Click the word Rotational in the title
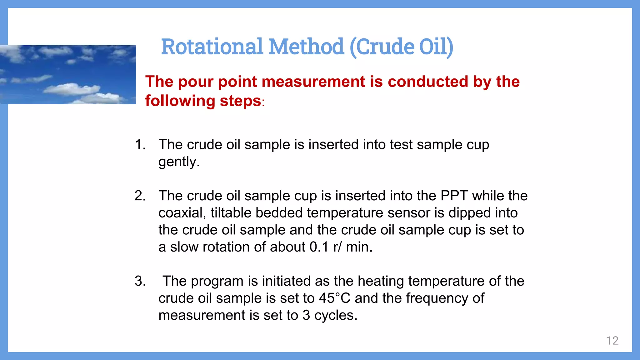click(212, 47)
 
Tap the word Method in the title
click(306, 47)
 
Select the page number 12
click(612, 341)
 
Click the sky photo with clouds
click(68, 74)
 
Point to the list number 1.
click(140, 145)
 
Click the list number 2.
click(140, 196)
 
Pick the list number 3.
click(140, 281)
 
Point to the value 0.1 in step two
click(319, 247)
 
